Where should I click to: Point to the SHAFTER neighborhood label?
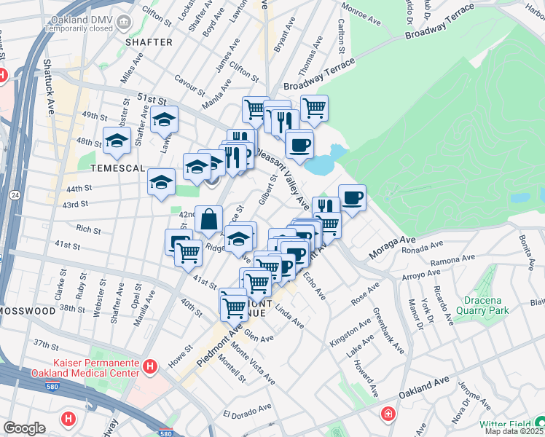click(x=149, y=42)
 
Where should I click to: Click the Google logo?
click(x=24, y=428)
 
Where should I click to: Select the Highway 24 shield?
click(x=15, y=194)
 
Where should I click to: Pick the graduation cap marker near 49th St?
click(x=164, y=121)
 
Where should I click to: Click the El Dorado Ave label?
click(x=251, y=414)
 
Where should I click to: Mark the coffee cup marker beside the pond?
click(x=299, y=143)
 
